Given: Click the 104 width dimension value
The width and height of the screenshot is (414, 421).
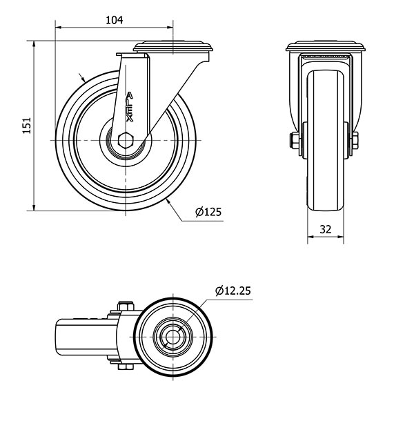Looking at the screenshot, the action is tap(115, 20).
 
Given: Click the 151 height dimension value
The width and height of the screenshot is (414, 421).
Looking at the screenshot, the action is tap(27, 126).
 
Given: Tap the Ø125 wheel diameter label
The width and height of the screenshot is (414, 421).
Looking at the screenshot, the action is tap(208, 212).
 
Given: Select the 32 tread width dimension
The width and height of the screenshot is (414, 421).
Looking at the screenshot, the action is tap(326, 229).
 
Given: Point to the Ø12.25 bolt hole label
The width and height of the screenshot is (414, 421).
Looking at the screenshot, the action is tap(233, 291).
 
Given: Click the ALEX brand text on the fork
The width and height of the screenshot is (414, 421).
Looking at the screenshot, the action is tap(130, 107).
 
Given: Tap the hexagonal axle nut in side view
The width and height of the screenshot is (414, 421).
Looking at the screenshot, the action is tap(126, 140).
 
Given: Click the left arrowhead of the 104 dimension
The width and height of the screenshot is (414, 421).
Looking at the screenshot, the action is tap(58, 27).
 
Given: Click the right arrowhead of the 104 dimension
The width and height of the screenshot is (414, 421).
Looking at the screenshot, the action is tap(170, 27).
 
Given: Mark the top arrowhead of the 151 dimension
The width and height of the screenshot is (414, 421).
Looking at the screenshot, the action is tap(34, 44).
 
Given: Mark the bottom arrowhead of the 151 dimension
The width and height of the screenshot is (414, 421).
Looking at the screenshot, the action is tap(34, 207).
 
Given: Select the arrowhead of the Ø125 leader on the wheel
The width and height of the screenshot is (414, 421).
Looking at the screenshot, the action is tap(168, 202).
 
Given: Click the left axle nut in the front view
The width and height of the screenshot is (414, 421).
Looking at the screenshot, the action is tap(295, 140).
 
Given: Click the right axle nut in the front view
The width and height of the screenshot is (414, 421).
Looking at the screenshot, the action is tap(355, 140).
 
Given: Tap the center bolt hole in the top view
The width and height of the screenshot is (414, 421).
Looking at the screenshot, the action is tap(172, 337).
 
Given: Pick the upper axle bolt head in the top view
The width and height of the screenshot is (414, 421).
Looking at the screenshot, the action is tap(126, 306).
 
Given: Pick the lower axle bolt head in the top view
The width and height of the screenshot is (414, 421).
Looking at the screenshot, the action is tap(126, 366).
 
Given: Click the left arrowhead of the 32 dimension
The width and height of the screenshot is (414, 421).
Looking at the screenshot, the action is tap(310, 237).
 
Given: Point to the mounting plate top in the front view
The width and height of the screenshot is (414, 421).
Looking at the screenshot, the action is tap(326, 46).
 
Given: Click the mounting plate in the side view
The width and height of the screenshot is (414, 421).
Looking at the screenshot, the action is tap(173, 46).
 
